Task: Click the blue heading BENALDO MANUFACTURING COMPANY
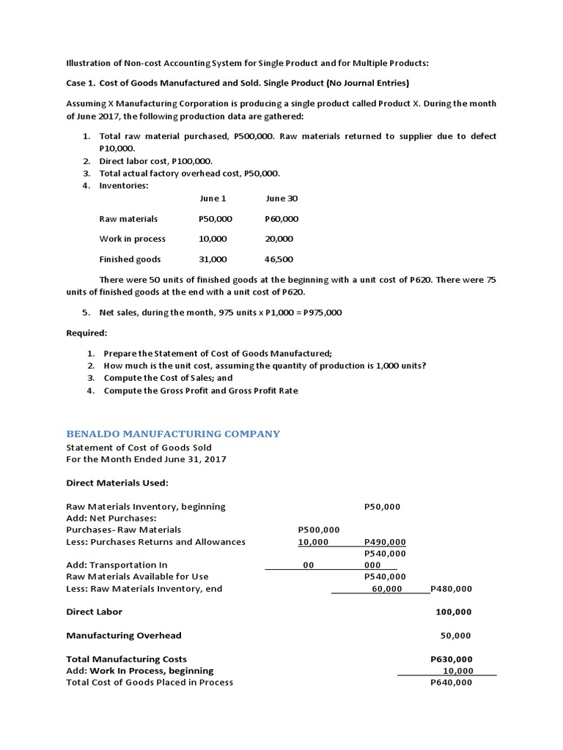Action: [x=173, y=434]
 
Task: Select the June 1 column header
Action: [x=213, y=198]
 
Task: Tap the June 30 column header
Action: [x=281, y=198]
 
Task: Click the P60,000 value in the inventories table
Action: [x=281, y=219]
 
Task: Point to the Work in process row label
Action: [x=133, y=239]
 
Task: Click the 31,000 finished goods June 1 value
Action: [x=213, y=259]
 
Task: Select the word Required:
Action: [x=87, y=333]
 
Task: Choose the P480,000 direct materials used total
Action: [x=452, y=588]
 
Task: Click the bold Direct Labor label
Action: [x=95, y=612]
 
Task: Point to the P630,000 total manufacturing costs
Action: [x=452, y=659]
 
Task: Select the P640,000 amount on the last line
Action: [x=452, y=682]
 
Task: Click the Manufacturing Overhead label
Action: [x=124, y=635]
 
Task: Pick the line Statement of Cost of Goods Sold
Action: [x=139, y=448]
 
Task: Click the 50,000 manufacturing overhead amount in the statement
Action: [x=455, y=636]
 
